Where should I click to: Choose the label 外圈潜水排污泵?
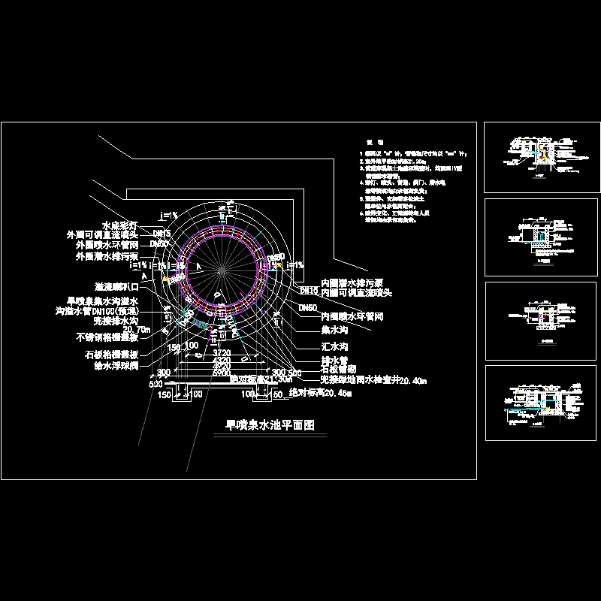pyautogui.click(x=116, y=255)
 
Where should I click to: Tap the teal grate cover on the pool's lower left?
pyautogui.click(x=200, y=322)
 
